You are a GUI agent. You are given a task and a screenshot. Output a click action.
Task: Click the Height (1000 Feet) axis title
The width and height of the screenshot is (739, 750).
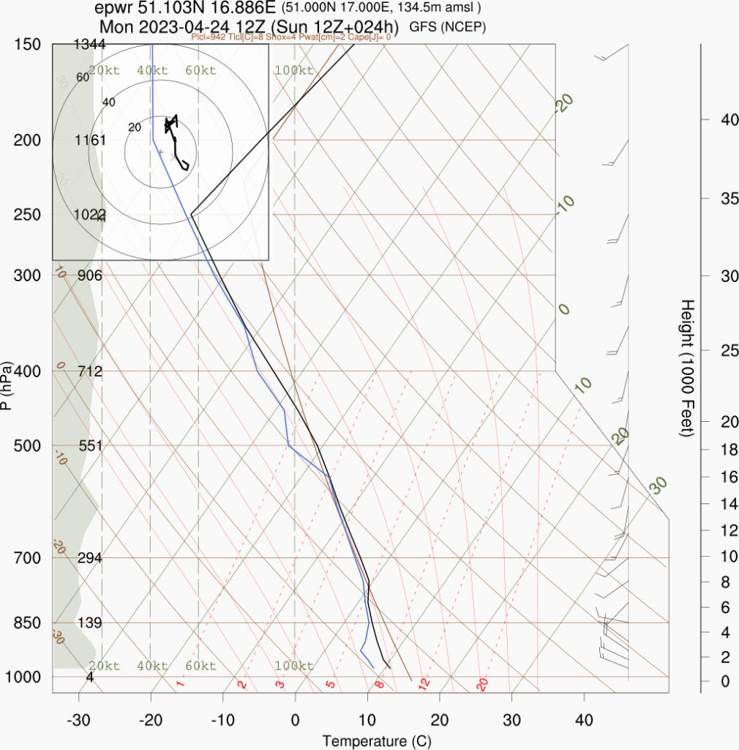pyautogui.click(x=686, y=367)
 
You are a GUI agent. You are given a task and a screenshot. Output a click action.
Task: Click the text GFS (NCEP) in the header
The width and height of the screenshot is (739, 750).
pyautogui.click(x=448, y=27)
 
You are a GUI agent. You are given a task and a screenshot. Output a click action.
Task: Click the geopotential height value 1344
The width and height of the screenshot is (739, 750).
pyautogui.click(x=90, y=45)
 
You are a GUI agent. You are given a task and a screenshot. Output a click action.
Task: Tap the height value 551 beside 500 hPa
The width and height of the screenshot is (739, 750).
pyautogui.click(x=90, y=446)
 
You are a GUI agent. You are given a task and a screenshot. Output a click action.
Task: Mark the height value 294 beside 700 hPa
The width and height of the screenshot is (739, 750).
pyautogui.click(x=90, y=558)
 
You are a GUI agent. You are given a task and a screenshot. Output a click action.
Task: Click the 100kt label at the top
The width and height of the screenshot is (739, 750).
pyautogui.click(x=294, y=70)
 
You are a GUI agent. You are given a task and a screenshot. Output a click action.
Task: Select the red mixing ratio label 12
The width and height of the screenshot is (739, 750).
pyautogui.click(x=423, y=683)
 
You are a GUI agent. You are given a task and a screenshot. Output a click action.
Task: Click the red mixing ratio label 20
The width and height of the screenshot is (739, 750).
pyautogui.click(x=482, y=684)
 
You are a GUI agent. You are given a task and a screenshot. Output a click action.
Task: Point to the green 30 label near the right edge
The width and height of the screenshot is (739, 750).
pyautogui.click(x=659, y=484)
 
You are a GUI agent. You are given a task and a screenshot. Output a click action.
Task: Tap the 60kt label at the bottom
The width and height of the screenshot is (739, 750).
pyautogui.click(x=200, y=666)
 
